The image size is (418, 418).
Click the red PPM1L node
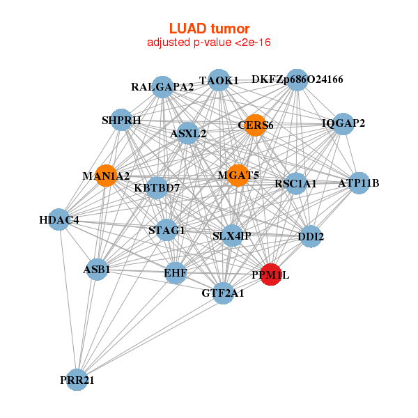(270, 274)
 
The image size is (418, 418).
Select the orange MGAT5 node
(239, 175)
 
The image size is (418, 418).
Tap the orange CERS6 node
(256, 125)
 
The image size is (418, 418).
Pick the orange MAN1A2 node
(106, 176)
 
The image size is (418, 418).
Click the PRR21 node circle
(77, 380)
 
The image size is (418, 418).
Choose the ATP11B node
(358, 183)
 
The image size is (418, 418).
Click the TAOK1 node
(219, 80)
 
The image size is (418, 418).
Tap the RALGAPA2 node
(162, 87)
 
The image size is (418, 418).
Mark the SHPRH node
(121, 120)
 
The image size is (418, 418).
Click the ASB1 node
(97, 268)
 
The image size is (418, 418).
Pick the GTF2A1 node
(223, 293)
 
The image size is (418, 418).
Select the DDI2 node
(311, 236)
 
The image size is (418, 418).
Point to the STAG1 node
(167, 229)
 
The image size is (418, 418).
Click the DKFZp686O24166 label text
(297, 79)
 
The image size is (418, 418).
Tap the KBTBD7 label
(157, 188)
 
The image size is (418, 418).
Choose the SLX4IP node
(231, 235)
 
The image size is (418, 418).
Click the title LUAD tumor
(209, 29)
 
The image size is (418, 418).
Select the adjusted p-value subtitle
(209, 42)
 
